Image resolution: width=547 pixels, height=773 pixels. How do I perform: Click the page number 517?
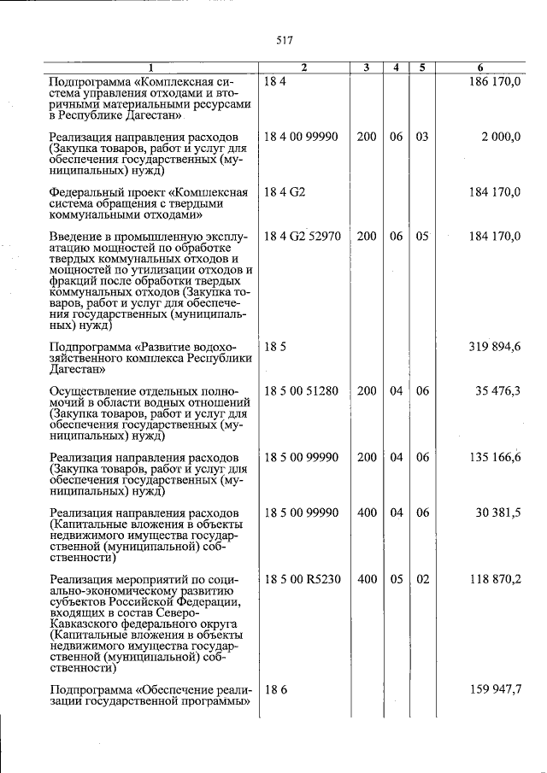tap(285, 39)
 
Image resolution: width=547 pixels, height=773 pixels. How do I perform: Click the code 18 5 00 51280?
tap(302, 391)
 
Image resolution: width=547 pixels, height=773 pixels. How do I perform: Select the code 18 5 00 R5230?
tap(303, 579)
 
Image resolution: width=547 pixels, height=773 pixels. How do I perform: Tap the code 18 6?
tap(274, 689)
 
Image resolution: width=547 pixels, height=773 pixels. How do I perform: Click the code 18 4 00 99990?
tap(302, 137)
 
